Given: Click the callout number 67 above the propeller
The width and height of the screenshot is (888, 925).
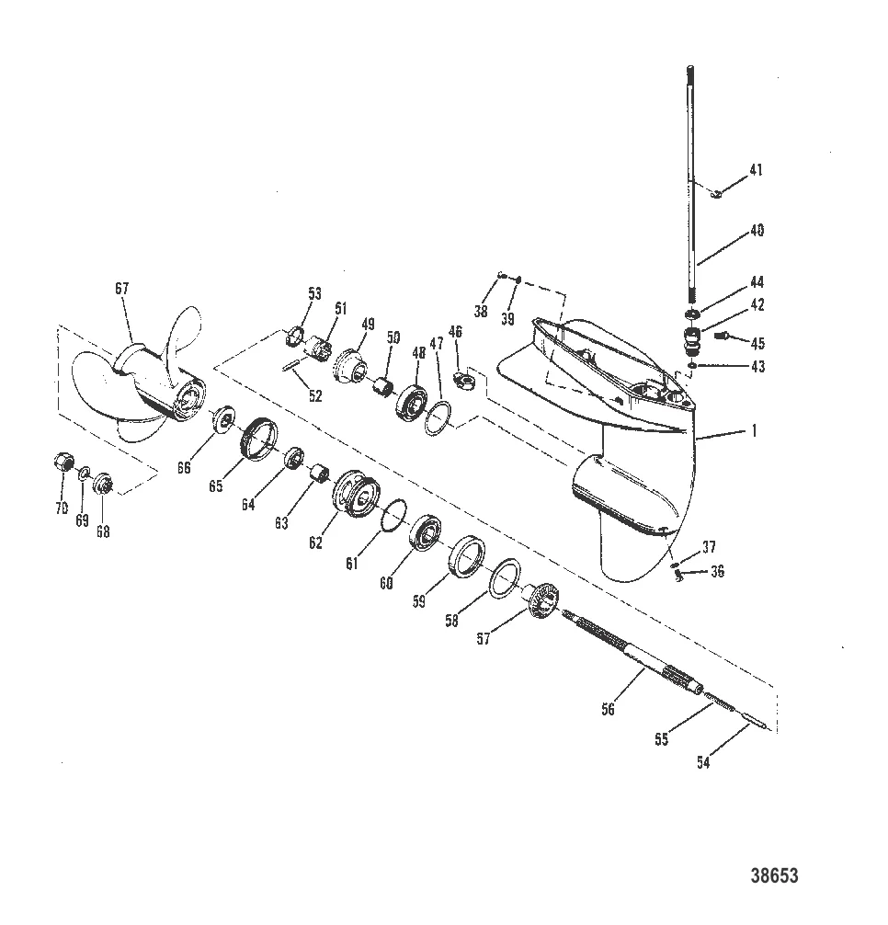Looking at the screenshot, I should tap(121, 289).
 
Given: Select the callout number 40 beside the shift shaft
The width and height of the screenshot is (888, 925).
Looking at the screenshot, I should tap(757, 232).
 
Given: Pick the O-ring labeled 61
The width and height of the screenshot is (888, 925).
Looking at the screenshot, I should tap(393, 515).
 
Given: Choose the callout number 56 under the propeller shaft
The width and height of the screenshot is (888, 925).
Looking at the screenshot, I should tap(608, 709).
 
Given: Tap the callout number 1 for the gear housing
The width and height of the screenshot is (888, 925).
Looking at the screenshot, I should tap(755, 430).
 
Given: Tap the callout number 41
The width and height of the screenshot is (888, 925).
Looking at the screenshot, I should tap(756, 170).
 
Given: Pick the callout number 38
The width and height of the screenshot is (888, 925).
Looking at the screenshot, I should tap(480, 312).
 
